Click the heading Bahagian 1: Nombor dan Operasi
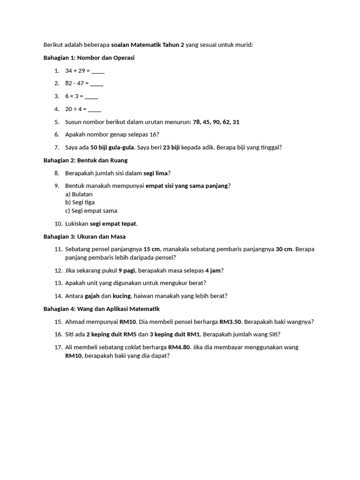[x=89, y=58]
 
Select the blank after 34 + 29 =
[x=98, y=71]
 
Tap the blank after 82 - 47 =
[x=97, y=83]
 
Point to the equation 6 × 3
[x=74, y=96]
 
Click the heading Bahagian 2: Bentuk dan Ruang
[x=85, y=160]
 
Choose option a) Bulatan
[x=79, y=194]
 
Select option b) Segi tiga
[x=80, y=202]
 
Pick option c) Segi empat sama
[x=91, y=211]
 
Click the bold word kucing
[x=122, y=296]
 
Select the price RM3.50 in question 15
[x=230, y=322]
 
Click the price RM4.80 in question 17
[x=179, y=347]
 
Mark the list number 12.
[x=58, y=270]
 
